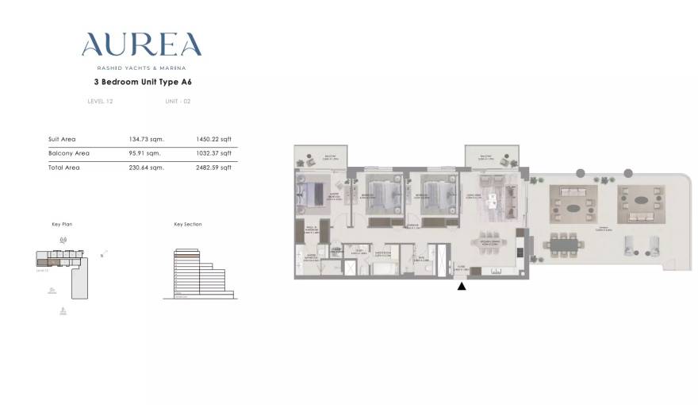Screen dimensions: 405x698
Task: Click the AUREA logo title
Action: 141,45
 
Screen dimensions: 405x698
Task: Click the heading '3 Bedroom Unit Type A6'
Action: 141,81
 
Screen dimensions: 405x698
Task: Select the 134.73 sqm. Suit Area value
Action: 144,139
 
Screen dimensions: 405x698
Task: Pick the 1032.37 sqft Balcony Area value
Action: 214,153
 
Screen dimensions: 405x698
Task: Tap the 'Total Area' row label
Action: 63,168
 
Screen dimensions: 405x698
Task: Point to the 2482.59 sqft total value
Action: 214,168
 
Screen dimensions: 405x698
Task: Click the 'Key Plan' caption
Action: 62,225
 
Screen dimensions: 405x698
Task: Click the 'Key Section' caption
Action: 188,225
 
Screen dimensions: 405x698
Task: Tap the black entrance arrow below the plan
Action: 462,286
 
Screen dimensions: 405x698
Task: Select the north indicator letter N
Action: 102,256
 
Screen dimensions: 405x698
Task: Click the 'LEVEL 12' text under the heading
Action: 100,102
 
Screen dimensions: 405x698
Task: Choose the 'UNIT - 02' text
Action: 178,102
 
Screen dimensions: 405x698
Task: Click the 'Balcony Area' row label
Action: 69,153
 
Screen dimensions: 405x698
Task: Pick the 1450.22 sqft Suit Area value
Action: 214,139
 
